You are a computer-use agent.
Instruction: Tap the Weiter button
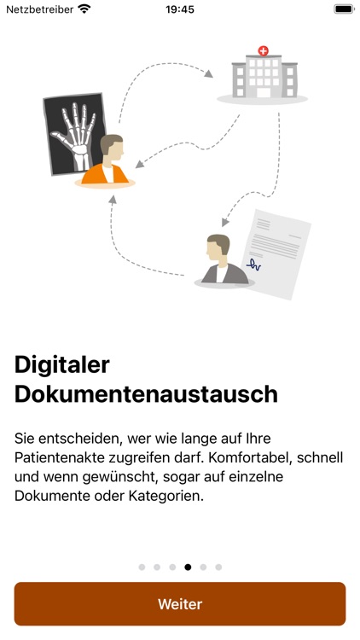[180, 603]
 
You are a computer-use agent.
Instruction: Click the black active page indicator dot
[188, 567]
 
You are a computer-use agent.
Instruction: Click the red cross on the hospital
[264, 51]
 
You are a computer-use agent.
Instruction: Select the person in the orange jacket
[106, 160]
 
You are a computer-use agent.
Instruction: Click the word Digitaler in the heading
[62, 365]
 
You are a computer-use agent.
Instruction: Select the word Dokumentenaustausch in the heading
[146, 394]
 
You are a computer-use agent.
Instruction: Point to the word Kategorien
[166, 497]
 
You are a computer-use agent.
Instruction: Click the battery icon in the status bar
[344, 9]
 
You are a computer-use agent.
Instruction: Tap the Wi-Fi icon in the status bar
[84, 9]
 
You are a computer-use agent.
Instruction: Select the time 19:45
[180, 9]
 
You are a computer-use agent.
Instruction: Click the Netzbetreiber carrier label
[39, 9]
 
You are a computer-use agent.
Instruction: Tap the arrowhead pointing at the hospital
[208, 73]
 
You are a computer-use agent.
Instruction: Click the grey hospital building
[264, 76]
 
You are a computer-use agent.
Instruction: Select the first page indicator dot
[142, 567]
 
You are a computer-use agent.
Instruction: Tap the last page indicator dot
[218, 567]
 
